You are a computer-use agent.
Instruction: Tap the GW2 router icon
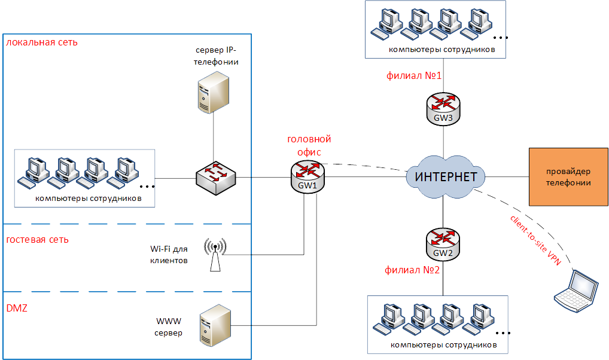[443, 244]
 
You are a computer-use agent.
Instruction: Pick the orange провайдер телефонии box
[568, 177]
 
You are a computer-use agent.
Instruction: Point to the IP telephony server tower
[212, 91]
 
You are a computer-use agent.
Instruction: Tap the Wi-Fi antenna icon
[215, 255]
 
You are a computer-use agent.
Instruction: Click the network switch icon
[215, 177]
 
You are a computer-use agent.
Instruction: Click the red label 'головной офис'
[309, 146]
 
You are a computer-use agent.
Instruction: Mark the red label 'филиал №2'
[413, 270]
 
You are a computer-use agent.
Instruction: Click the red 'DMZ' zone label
[16, 308]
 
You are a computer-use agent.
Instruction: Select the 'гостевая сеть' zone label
[37, 240]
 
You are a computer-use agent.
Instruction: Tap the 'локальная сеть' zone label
[42, 42]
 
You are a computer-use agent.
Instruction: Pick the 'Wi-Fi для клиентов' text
[169, 255]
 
